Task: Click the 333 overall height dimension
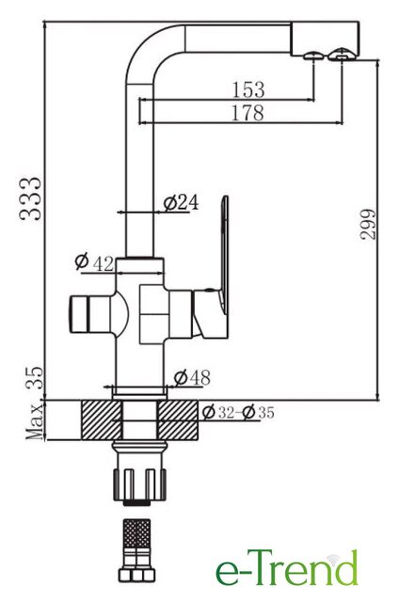[30, 198]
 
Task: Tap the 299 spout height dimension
[368, 224]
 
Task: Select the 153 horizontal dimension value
[248, 89]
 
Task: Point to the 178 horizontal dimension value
[248, 113]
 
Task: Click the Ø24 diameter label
[182, 203]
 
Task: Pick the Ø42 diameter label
[94, 262]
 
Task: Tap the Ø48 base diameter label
[192, 378]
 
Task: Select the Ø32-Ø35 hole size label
[238, 412]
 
